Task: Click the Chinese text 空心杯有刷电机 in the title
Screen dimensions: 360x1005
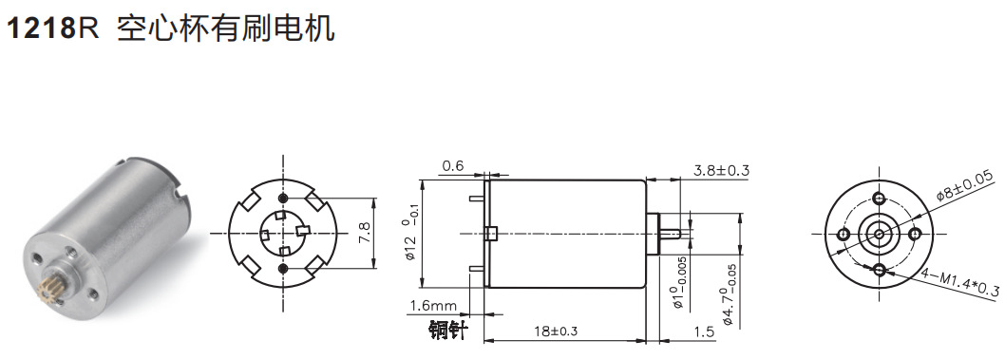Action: (225, 28)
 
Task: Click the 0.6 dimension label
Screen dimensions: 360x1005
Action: (452, 166)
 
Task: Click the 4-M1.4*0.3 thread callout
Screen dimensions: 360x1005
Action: (960, 281)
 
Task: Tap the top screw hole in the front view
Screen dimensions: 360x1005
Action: (879, 198)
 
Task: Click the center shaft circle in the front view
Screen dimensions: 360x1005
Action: (879, 234)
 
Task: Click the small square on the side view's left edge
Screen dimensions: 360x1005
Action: (490, 234)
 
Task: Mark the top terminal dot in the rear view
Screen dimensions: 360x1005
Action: (282, 197)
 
